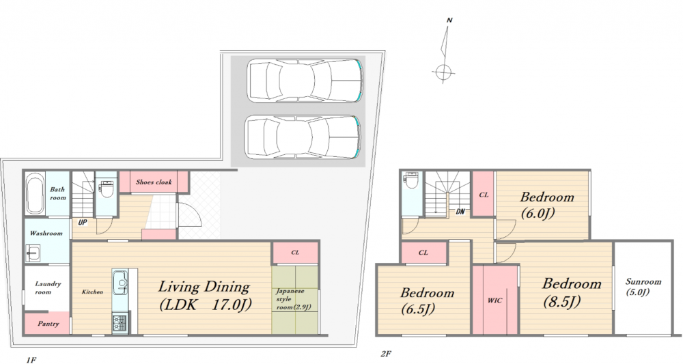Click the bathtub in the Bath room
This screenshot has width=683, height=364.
point(36,194)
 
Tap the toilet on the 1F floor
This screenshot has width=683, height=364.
point(106,188)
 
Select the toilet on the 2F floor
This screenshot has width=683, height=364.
point(410,181)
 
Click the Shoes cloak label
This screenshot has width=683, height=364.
point(154,182)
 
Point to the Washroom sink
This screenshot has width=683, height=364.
point(33,253)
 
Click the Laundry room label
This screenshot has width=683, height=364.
point(48,288)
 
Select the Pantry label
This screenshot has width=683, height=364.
point(48,324)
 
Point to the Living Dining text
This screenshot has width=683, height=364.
point(204,287)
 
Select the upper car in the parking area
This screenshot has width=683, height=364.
point(305,81)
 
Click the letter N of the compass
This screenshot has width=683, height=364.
point(449,20)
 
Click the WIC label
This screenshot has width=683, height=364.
point(494,300)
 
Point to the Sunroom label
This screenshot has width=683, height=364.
point(643,287)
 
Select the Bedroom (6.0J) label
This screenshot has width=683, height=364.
point(546,205)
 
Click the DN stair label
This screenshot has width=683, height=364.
point(460,212)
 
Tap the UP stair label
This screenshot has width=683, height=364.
point(83,223)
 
